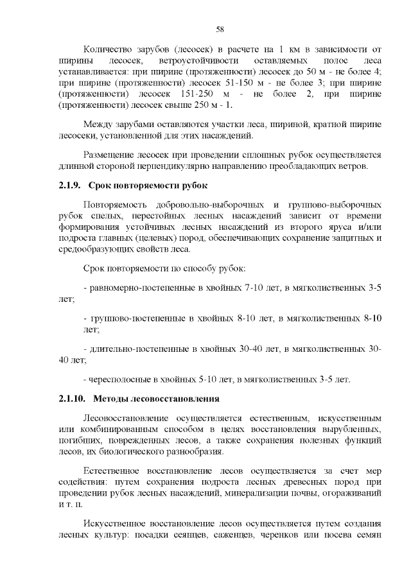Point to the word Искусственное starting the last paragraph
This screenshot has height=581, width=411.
tap(117, 523)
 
